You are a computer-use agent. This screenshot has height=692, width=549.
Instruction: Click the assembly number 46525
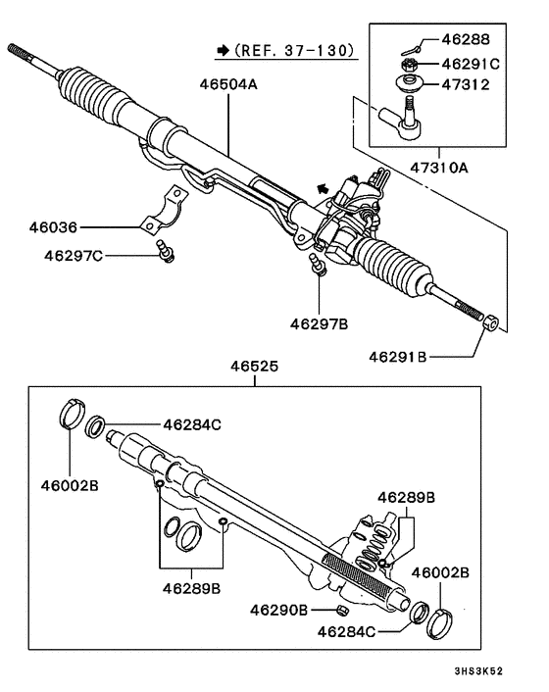(x=254, y=368)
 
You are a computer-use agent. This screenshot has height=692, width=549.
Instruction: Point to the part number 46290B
(x=283, y=611)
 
